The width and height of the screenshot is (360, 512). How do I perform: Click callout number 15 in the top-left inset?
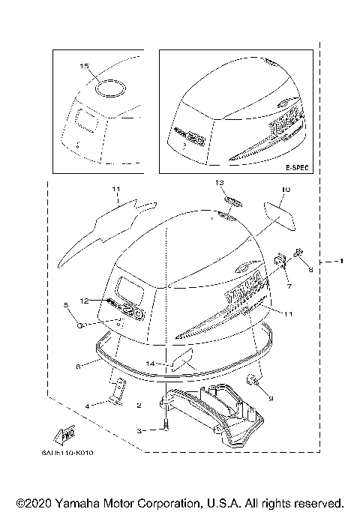(x=85, y=67)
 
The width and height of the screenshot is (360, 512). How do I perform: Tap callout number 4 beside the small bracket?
(x=88, y=406)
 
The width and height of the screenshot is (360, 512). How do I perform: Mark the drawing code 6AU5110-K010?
(x=77, y=453)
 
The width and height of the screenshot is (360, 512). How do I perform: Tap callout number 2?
(x=139, y=406)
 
